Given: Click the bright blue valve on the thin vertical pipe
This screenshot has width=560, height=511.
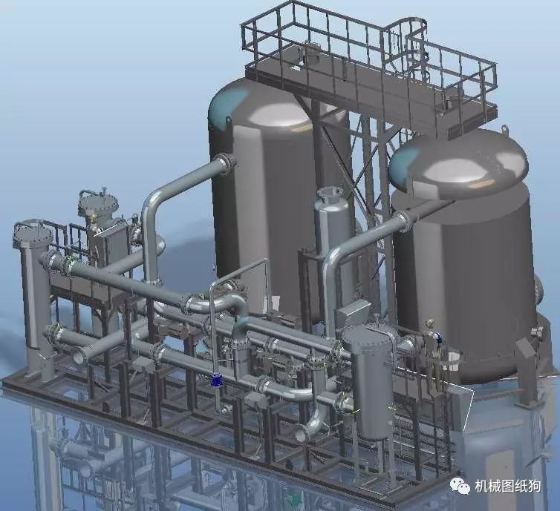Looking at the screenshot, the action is click(215, 381).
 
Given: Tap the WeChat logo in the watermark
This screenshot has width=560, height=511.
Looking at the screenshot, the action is click(460, 486).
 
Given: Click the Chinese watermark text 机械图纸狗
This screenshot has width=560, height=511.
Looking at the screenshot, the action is click(508, 487).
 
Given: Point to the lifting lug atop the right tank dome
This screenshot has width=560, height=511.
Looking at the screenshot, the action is click(504, 128).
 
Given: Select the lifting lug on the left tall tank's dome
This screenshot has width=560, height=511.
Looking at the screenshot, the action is click(228, 122).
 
